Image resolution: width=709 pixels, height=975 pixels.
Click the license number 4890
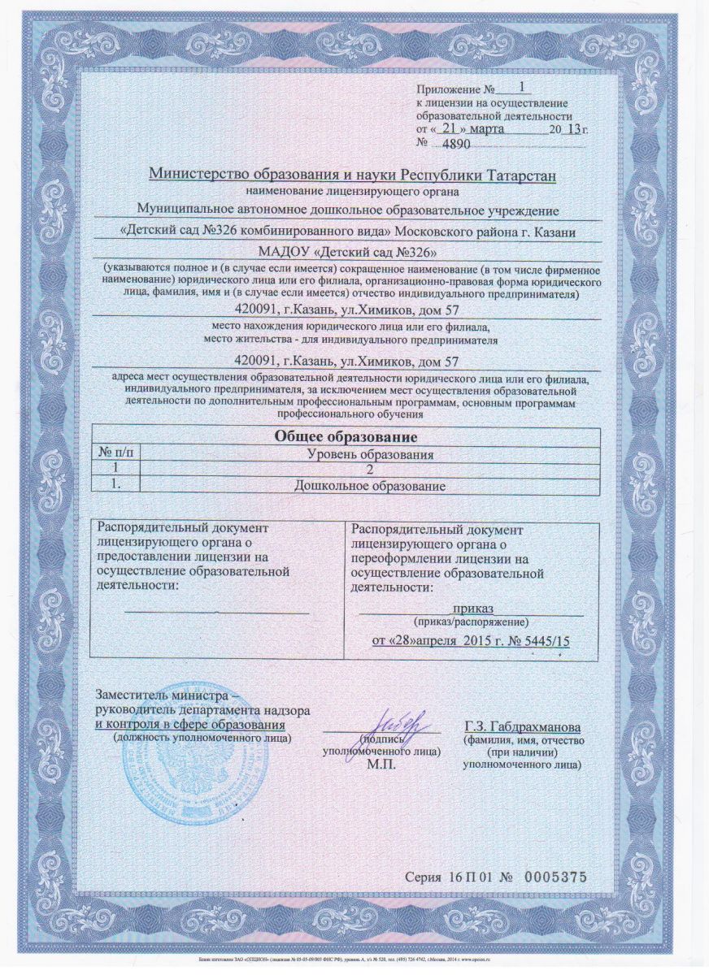[x=455, y=144]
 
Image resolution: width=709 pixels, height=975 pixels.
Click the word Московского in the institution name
[x=437, y=232]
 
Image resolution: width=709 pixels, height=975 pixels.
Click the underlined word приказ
[x=473, y=608]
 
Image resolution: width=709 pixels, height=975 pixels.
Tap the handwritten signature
[x=398, y=721]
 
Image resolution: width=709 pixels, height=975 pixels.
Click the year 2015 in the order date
[x=475, y=641]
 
